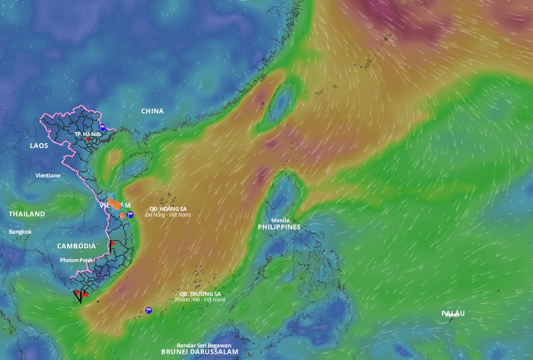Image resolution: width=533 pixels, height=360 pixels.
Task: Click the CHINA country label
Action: [152, 111]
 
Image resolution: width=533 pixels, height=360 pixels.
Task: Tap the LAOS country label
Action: [39, 145]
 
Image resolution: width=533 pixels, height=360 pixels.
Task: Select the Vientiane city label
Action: [48, 176]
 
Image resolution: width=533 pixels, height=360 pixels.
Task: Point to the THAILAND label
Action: [27, 214]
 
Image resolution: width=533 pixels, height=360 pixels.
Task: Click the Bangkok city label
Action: [20, 231]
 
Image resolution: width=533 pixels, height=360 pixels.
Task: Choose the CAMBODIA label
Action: [76, 246]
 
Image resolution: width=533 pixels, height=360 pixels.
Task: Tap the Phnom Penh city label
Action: [77, 260]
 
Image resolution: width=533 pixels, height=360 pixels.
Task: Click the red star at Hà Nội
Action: [88, 139]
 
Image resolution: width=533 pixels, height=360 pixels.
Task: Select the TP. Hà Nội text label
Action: [88, 134]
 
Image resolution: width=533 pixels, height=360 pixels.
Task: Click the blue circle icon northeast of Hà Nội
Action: [102, 127]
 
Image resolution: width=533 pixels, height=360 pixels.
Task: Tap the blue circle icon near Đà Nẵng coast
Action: [130, 215]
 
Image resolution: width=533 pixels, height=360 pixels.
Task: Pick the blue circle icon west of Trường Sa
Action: [148, 310]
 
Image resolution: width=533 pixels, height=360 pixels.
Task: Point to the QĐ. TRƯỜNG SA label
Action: [200, 293]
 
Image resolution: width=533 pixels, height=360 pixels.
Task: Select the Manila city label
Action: [280, 220]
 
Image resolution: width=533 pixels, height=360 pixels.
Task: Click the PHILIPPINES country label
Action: [279, 228]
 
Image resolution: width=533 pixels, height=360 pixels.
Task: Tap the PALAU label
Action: [453, 313]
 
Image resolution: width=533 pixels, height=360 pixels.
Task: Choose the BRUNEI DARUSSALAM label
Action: [199, 352]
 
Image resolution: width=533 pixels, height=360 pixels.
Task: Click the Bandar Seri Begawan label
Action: [203, 345]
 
